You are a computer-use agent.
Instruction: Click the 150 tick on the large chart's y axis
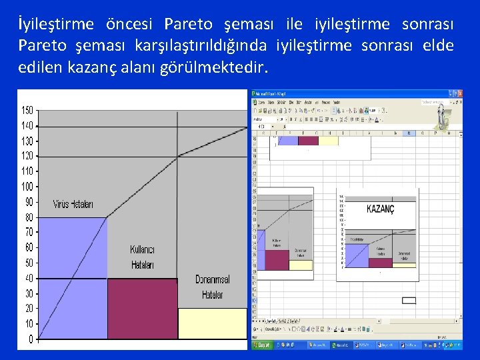coord(27,110)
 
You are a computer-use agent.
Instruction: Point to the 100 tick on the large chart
coord(27,187)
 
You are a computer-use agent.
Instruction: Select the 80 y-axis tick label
coord(29,217)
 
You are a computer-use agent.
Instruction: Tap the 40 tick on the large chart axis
coord(29,279)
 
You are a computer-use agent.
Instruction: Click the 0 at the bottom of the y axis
coord(31,340)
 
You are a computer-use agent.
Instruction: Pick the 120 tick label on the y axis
coord(27,156)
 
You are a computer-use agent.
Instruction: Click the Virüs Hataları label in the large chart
coord(73,204)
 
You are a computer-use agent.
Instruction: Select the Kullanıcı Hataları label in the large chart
coord(142,257)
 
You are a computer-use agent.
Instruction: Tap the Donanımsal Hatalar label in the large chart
coord(212,287)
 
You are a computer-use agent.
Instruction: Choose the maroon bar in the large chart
coord(142,310)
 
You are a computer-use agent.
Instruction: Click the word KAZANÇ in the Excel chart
coord(381,209)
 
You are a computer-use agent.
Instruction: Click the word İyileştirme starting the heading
coord(57,25)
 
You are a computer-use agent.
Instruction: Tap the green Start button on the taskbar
coord(263,345)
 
